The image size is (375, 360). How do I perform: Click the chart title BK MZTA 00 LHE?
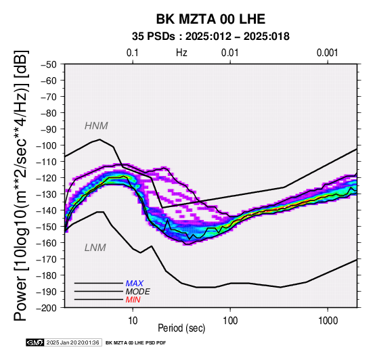coord(211,19)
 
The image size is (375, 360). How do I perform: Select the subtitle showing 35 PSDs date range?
coord(211,37)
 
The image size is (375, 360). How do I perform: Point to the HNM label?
coord(96,126)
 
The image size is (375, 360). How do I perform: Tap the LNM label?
coord(95,248)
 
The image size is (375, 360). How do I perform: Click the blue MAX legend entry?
coord(135,284)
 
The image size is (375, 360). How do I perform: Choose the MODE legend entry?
coord(138,292)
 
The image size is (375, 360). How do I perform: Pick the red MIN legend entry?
coord(133,300)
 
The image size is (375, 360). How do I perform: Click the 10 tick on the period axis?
coord(133,321)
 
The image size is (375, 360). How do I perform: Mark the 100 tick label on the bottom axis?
coord(230,321)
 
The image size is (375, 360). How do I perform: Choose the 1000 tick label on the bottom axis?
coord(328,321)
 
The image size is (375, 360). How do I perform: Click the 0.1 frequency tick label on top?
coord(133,53)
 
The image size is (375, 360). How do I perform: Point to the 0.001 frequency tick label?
coord(328,53)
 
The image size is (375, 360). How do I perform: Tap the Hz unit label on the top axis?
coord(181,53)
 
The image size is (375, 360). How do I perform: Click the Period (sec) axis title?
coord(181,328)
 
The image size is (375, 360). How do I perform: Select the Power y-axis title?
coord(20,185)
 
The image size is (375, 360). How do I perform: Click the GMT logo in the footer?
coord(35,342)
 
